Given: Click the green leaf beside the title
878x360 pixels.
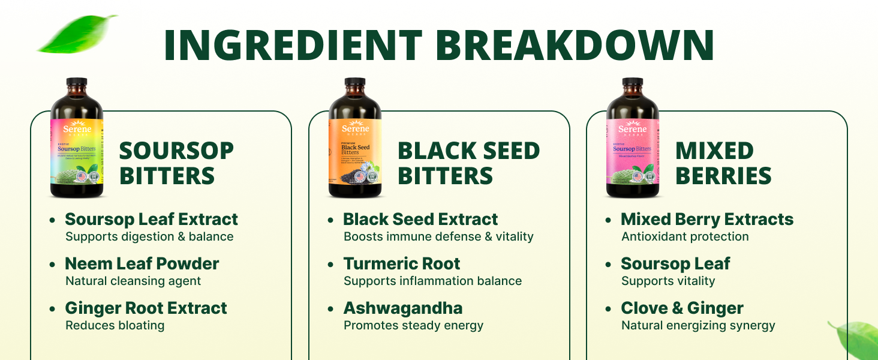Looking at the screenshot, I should point(77,34).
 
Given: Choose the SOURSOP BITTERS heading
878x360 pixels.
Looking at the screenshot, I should point(176,163).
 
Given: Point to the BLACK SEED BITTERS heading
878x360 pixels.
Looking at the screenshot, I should point(468,163).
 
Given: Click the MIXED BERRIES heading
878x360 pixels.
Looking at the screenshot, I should point(723,163).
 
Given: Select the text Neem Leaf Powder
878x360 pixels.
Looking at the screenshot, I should point(142,263).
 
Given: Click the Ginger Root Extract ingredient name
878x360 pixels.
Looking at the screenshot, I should point(146,308).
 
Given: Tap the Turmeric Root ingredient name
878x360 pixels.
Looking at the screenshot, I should point(401,263).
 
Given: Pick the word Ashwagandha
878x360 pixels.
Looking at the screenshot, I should point(402,308).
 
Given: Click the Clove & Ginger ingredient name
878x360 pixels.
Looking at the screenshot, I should point(682,308).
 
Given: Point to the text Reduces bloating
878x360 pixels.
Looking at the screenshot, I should point(115,326).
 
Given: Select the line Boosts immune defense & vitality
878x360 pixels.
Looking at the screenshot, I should point(438,236).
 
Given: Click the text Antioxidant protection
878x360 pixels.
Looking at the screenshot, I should point(685,236).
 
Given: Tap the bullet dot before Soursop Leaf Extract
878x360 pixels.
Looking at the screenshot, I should point(53,220).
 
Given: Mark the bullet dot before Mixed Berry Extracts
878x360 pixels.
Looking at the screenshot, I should point(609,220).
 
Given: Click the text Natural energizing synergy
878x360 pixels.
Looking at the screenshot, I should point(698,326).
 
